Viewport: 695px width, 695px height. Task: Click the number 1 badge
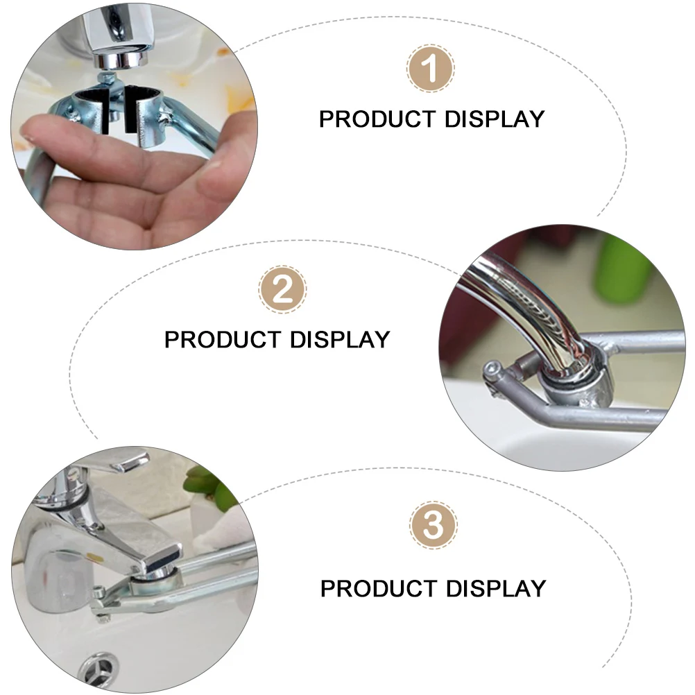point(431,69)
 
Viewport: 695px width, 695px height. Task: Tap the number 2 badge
point(282,289)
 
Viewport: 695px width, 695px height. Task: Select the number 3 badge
point(433,525)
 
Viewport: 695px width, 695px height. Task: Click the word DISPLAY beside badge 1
point(495,119)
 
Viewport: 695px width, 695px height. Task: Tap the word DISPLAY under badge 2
point(340,340)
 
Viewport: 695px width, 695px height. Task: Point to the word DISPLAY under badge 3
point(496,589)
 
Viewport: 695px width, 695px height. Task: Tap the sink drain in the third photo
point(98,671)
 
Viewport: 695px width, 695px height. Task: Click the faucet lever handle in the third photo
point(125,461)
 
